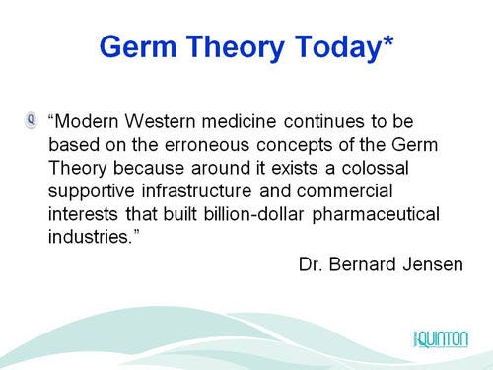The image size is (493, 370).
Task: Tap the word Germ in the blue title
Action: point(145,46)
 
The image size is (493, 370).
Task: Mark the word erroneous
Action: point(187,146)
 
